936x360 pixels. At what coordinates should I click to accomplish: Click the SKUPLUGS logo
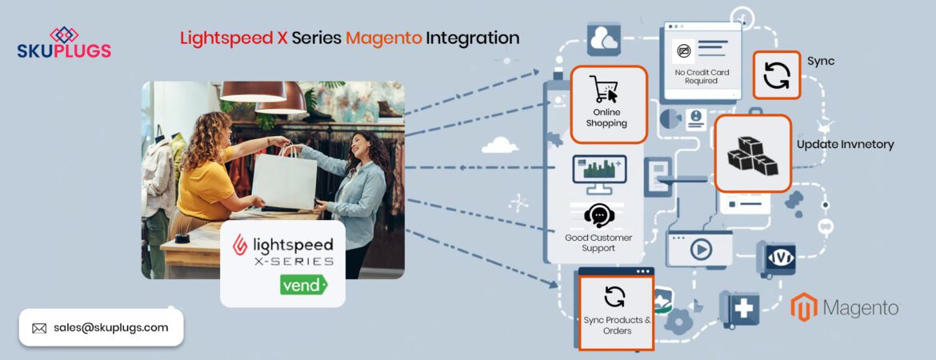point(64,43)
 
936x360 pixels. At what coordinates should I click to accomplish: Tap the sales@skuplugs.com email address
point(110,327)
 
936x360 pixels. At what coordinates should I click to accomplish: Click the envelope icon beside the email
point(39,328)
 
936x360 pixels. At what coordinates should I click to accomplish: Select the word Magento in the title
point(383,38)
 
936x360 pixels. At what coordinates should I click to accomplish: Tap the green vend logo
point(303,284)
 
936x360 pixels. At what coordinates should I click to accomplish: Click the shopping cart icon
point(604,89)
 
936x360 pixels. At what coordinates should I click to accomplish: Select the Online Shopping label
point(606,118)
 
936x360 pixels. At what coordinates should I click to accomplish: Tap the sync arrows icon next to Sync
point(776,75)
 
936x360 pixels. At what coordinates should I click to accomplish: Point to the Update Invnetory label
point(845,145)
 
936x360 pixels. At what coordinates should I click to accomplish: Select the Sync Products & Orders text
point(616,326)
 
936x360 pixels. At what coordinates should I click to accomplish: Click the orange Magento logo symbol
point(803,308)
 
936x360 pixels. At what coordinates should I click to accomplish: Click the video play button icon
point(701,250)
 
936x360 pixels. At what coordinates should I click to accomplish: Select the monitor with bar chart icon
point(599,172)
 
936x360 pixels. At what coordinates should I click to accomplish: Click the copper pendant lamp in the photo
point(252,91)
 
